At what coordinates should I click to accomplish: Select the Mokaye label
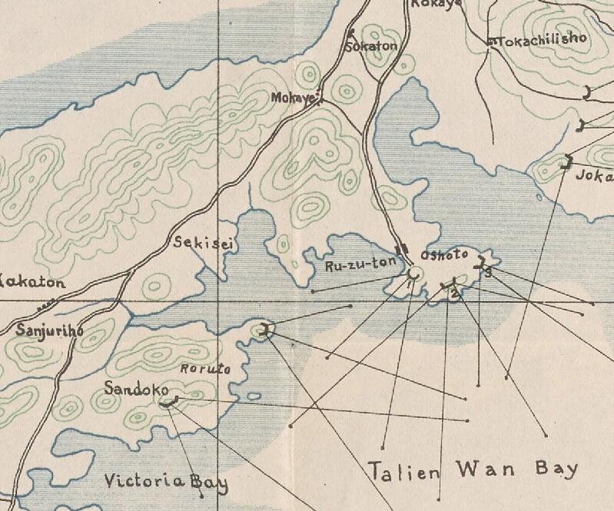pyautogui.click(x=294, y=98)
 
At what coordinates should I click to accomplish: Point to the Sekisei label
pyautogui.click(x=204, y=244)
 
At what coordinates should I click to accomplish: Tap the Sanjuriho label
pyautogui.click(x=48, y=332)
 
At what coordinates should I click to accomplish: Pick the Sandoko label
pyautogui.click(x=131, y=388)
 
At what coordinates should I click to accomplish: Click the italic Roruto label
pyautogui.click(x=205, y=369)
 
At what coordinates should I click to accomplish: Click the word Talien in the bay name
pyautogui.click(x=404, y=470)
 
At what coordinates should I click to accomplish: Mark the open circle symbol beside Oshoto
pyautogui.click(x=413, y=274)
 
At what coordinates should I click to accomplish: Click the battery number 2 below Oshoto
pyautogui.click(x=455, y=293)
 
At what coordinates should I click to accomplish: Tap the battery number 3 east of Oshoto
pyautogui.click(x=487, y=271)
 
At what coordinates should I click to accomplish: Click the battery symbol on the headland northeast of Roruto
pyautogui.click(x=265, y=330)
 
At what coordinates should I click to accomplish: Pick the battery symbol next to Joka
pyautogui.click(x=569, y=161)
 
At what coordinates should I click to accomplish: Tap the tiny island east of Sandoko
pyautogui.click(x=253, y=397)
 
